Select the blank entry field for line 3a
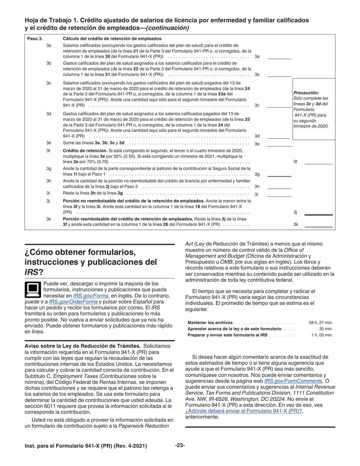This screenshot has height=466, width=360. pos(279,56)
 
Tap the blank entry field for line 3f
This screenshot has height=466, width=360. pos(318,162)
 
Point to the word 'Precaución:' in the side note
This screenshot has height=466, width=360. pos(306,92)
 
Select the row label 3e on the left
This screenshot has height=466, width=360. pos(49,143)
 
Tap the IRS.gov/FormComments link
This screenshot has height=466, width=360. pos(293,381)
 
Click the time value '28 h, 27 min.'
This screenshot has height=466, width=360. pos(321,322)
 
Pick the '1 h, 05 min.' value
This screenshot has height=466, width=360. pos(322,335)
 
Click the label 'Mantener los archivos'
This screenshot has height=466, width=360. pos(210,322)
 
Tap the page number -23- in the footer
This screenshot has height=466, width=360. pos(180,446)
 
